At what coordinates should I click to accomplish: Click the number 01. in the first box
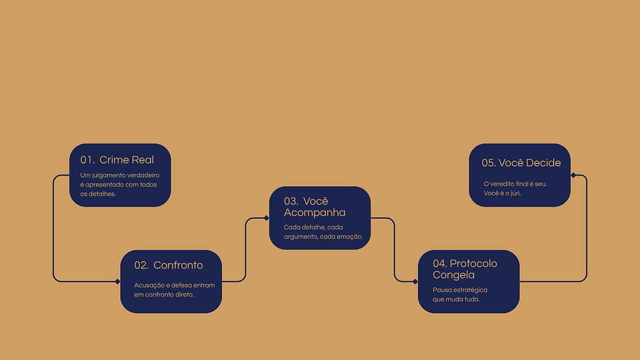[x=87, y=160]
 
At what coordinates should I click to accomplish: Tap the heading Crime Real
[x=126, y=160]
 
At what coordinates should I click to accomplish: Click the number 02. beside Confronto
[x=141, y=265]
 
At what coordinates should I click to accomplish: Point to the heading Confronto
[x=178, y=265]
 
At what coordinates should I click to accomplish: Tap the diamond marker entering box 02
[x=118, y=281]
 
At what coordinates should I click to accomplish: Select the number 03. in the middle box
[x=291, y=201]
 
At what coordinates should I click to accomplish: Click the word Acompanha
[x=315, y=213]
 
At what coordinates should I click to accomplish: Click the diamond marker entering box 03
[x=267, y=218]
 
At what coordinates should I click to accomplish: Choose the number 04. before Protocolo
[x=440, y=264]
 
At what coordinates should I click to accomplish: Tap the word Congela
[x=453, y=275]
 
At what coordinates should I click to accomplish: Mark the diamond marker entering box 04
[x=415, y=281]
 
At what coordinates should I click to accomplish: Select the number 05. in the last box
[x=489, y=163]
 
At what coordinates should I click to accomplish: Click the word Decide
[x=543, y=163]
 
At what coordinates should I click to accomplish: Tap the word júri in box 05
[x=515, y=193]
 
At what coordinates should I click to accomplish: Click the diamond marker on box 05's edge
[x=573, y=175]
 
